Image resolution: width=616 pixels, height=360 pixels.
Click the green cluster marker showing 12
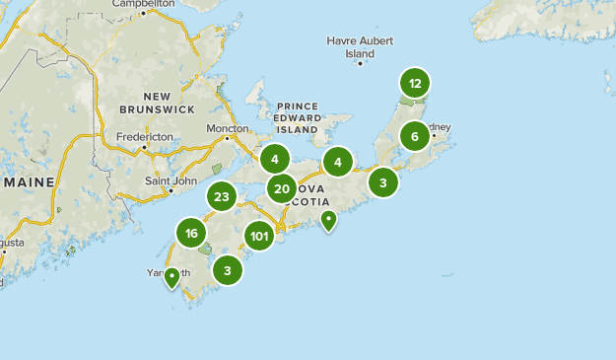[415, 83]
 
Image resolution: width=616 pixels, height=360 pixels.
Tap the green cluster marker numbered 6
[415, 136]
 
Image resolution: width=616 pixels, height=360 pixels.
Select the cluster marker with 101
[259, 236]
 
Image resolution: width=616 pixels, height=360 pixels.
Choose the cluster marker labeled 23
[222, 197]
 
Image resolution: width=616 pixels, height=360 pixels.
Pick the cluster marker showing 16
[191, 234]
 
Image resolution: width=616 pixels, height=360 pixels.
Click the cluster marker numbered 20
[282, 189]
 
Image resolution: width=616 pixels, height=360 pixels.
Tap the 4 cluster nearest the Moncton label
[275, 158]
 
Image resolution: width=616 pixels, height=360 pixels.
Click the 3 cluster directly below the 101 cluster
[228, 270]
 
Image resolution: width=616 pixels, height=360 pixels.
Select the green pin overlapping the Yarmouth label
[172, 277]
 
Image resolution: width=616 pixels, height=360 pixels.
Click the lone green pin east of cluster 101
[329, 220]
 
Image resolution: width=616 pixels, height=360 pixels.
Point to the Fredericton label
[144, 137]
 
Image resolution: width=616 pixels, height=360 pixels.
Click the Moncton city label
[229, 129]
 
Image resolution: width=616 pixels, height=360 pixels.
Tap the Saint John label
[171, 180]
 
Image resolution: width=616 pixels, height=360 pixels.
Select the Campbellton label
[144, 4]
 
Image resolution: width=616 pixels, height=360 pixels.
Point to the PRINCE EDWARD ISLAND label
[298, 116]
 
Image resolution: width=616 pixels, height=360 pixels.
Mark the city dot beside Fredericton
[145, 148]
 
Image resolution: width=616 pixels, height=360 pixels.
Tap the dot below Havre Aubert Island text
[360, 63]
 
